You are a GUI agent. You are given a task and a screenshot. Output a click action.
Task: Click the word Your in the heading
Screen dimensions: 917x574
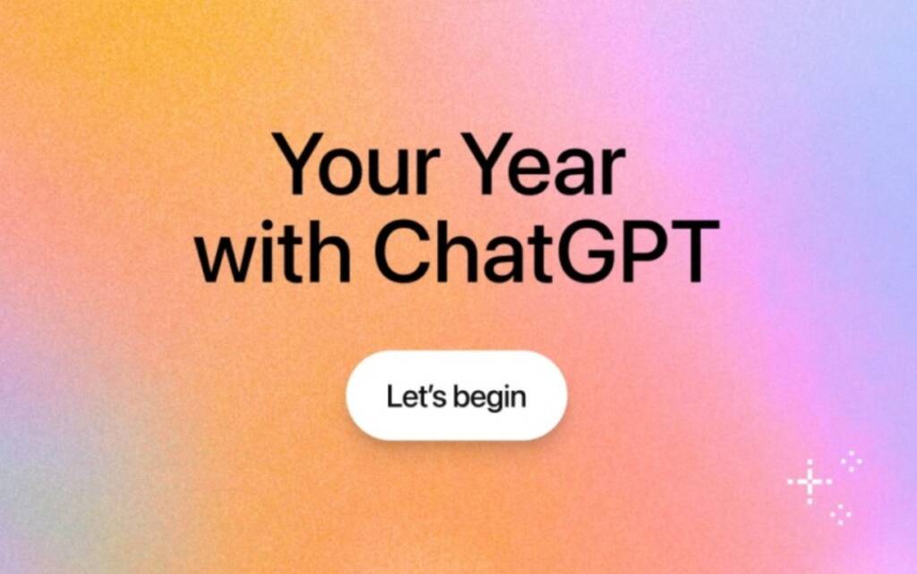356,164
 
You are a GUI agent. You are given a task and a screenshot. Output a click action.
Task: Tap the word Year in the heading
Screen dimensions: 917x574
546,164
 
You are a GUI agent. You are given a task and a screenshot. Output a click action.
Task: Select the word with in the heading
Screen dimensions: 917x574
272,252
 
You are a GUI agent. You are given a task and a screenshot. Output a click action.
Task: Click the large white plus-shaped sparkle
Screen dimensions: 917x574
810,482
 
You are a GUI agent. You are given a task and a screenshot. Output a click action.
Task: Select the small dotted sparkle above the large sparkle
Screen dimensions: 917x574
851,461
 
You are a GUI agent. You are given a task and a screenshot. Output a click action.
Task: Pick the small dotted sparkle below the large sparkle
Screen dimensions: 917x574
840,514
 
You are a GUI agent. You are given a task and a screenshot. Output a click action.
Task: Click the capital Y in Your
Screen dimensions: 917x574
299,164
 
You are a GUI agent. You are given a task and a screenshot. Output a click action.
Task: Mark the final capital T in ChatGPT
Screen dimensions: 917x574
695,252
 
